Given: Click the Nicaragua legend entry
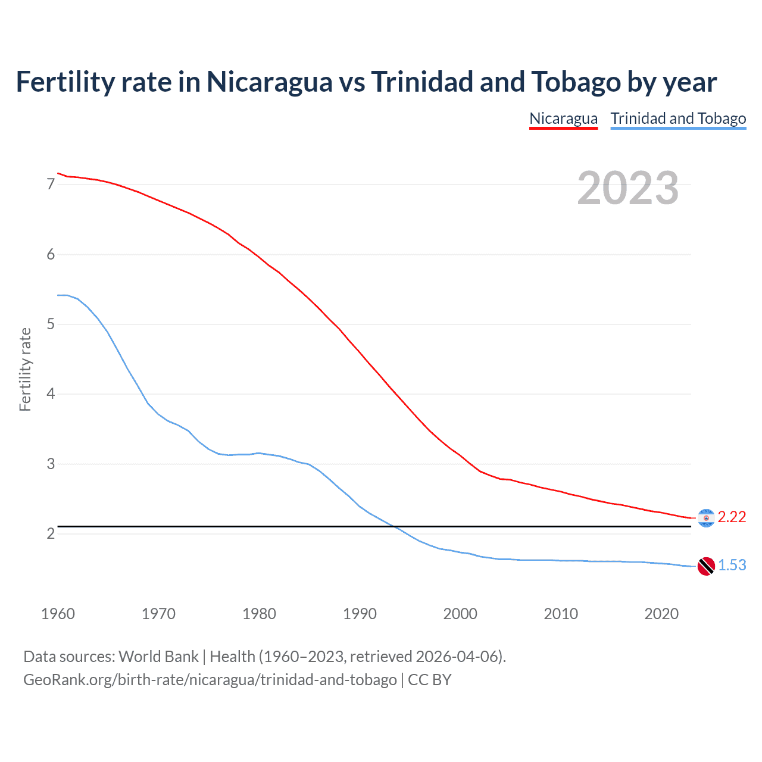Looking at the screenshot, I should click(563, 118).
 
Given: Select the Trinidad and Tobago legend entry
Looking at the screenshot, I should click(678, 118).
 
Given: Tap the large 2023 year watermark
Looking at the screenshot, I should click(627, 188).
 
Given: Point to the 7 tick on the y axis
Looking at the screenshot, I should click(51, 185).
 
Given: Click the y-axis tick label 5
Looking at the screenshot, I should click(51, 324).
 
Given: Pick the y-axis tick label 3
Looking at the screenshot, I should click(51, 464).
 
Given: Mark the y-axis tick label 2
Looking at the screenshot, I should click(51, 533).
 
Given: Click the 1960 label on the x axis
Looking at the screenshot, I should click(58, 614).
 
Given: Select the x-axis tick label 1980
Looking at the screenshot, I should click(259, 614).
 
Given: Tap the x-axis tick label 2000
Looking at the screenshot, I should click(460, 614).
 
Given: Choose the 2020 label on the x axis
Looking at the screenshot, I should click(661, 614).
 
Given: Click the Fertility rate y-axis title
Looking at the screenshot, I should click(25, 369).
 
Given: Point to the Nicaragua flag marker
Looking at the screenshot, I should click(706, 518).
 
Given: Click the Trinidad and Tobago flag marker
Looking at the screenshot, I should click(706, 566).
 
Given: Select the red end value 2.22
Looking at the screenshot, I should click(732, 517).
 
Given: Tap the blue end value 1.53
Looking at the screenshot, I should click(732, 566).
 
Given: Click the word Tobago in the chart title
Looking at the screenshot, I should click(575, 82).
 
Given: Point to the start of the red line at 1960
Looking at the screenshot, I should click(58, 173).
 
